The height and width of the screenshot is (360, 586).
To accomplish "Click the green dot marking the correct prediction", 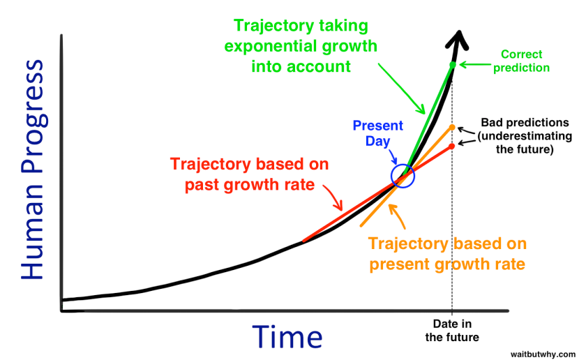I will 453,65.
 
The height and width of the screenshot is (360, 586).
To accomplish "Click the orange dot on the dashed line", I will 453,127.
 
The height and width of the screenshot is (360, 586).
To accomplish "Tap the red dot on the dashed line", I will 453,146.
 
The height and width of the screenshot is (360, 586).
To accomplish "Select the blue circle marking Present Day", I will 403,176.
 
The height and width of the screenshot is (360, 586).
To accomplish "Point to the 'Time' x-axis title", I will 287,336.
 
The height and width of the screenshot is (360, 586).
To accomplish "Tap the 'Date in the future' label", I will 452,331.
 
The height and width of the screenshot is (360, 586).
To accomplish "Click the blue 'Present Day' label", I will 377,133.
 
